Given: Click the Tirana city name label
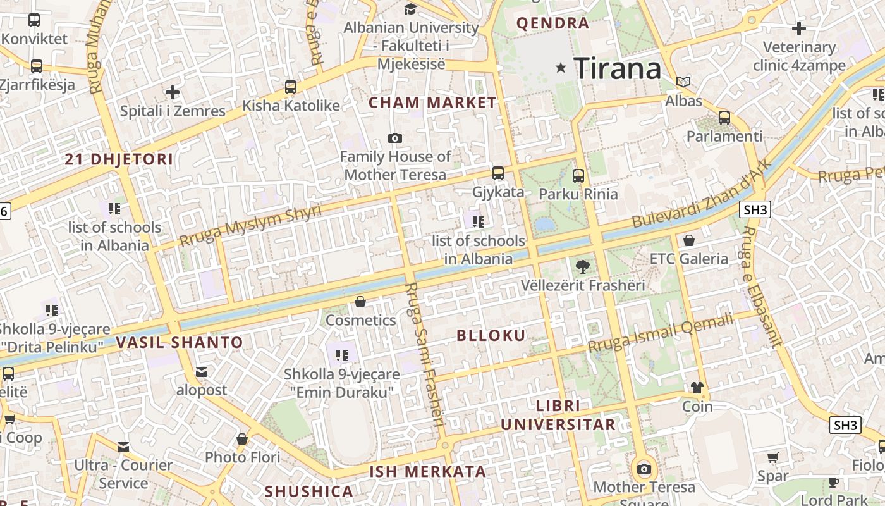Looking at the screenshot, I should (617, 68).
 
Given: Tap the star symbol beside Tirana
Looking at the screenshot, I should (561, 68).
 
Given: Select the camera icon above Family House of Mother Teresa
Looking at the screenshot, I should (395, 138).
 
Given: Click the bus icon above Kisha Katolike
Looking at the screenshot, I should (291, 87).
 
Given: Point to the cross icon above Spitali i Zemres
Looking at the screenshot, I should (173, 92).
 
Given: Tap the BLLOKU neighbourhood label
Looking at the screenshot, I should (491, 336).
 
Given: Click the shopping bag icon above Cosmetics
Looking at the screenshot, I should (360, 302).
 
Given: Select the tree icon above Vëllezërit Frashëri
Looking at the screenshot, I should (583, 266).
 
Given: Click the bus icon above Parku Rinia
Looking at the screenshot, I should (578, 175).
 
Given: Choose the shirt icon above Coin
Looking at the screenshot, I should (697, 387).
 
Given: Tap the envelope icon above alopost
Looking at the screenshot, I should (202, 371).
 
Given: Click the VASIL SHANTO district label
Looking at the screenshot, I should (180, 343).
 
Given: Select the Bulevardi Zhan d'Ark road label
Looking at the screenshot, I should (702, 193).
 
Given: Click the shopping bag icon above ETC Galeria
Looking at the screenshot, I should (689, 240).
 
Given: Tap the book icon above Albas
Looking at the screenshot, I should (683, 82).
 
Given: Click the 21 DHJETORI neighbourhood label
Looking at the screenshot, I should (119, 159).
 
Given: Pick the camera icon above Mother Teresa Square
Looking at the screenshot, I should (644, 469).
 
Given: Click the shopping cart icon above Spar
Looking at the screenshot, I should (773, 457).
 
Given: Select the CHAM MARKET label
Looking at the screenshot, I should (433, 102).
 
